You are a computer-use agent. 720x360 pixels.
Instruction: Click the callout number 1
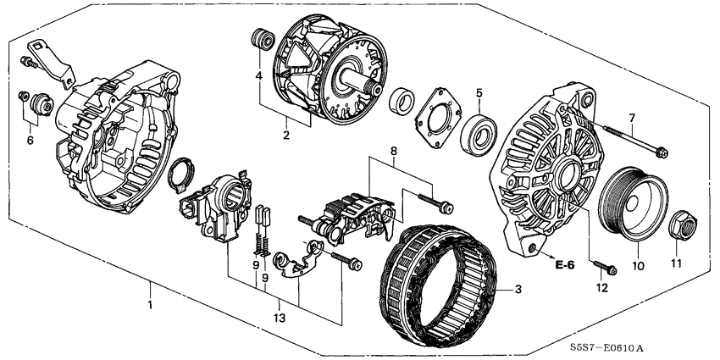pos(151,304)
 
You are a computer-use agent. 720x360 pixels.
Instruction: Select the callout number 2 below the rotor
pos(286,134)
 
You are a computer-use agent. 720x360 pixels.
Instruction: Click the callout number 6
pos(30,140)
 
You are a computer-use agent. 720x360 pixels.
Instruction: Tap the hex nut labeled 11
pos(683,224)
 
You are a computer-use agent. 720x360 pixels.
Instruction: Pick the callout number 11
pos(675,264)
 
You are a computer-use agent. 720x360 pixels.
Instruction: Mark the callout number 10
pos(638,265)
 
